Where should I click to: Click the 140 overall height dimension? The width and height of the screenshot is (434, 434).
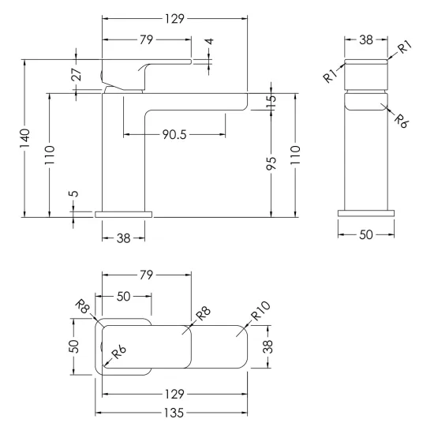[x=24, y=138]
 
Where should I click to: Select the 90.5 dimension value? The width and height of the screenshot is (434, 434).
[x=174, y=134]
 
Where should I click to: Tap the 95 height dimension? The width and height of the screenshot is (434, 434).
[x=271, y=163]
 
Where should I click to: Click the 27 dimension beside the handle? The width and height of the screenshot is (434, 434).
[x=77, y=74]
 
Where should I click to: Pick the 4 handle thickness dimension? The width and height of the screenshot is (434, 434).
[x=210, y=42]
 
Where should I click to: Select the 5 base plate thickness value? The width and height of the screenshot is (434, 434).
[x=74, y=193]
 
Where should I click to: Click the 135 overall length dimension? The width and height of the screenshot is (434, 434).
[x=174, y=413]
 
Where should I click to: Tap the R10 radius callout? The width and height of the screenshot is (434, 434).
[x=260, y=311]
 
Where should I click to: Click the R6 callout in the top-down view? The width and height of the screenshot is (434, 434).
[x=118, y=352]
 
